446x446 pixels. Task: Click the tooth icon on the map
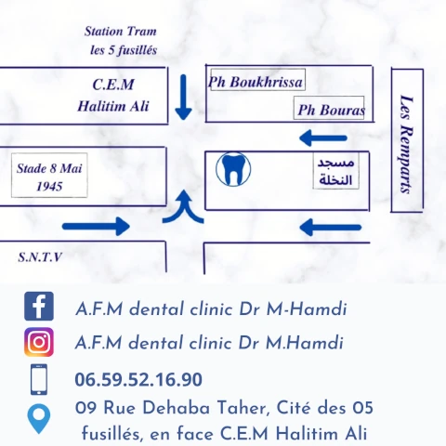tap(233, 169)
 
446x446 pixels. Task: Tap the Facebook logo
tap(39, 306)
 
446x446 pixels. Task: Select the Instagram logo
tap(39, 342)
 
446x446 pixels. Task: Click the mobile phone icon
tap(39, 379)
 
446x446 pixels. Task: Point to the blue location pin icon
tap(39, 418)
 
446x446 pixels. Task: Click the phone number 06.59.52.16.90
tap(138, 380)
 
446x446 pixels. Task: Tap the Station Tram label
tap(121, 32)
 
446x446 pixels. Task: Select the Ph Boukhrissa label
tap(256, 82)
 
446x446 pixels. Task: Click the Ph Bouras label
tap(331, 110)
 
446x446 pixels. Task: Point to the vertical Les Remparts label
tap(407, 144)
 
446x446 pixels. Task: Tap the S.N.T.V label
tap(40, 257)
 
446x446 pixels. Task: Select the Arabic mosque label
tap(336, 171)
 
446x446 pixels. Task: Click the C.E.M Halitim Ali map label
tap(113, 95)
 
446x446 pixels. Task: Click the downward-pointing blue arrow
tap(183, 98)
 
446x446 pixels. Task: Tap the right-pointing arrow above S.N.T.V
tap(96, 227)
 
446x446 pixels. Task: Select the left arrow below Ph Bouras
tap(323, 138)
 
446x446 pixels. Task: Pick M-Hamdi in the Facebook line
tap(307, 309)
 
